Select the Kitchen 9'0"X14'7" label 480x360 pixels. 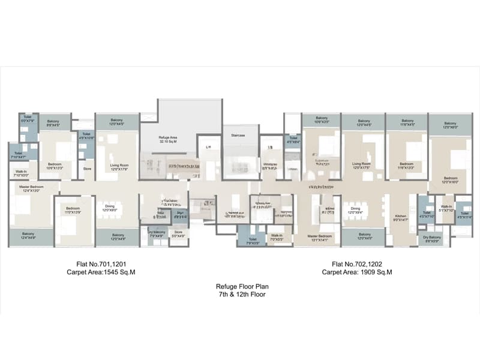click(x=401, y=218)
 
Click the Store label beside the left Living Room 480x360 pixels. click(x=87, y=169)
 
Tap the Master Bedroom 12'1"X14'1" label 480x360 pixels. click(x=320, y=239)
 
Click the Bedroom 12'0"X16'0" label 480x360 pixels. click(x=451, y=180)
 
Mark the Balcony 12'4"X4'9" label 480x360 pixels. click(x=28, y=235)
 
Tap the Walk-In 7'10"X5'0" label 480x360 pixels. click(x=18, y=173)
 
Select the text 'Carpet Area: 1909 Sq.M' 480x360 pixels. click(x=357, y=272)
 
